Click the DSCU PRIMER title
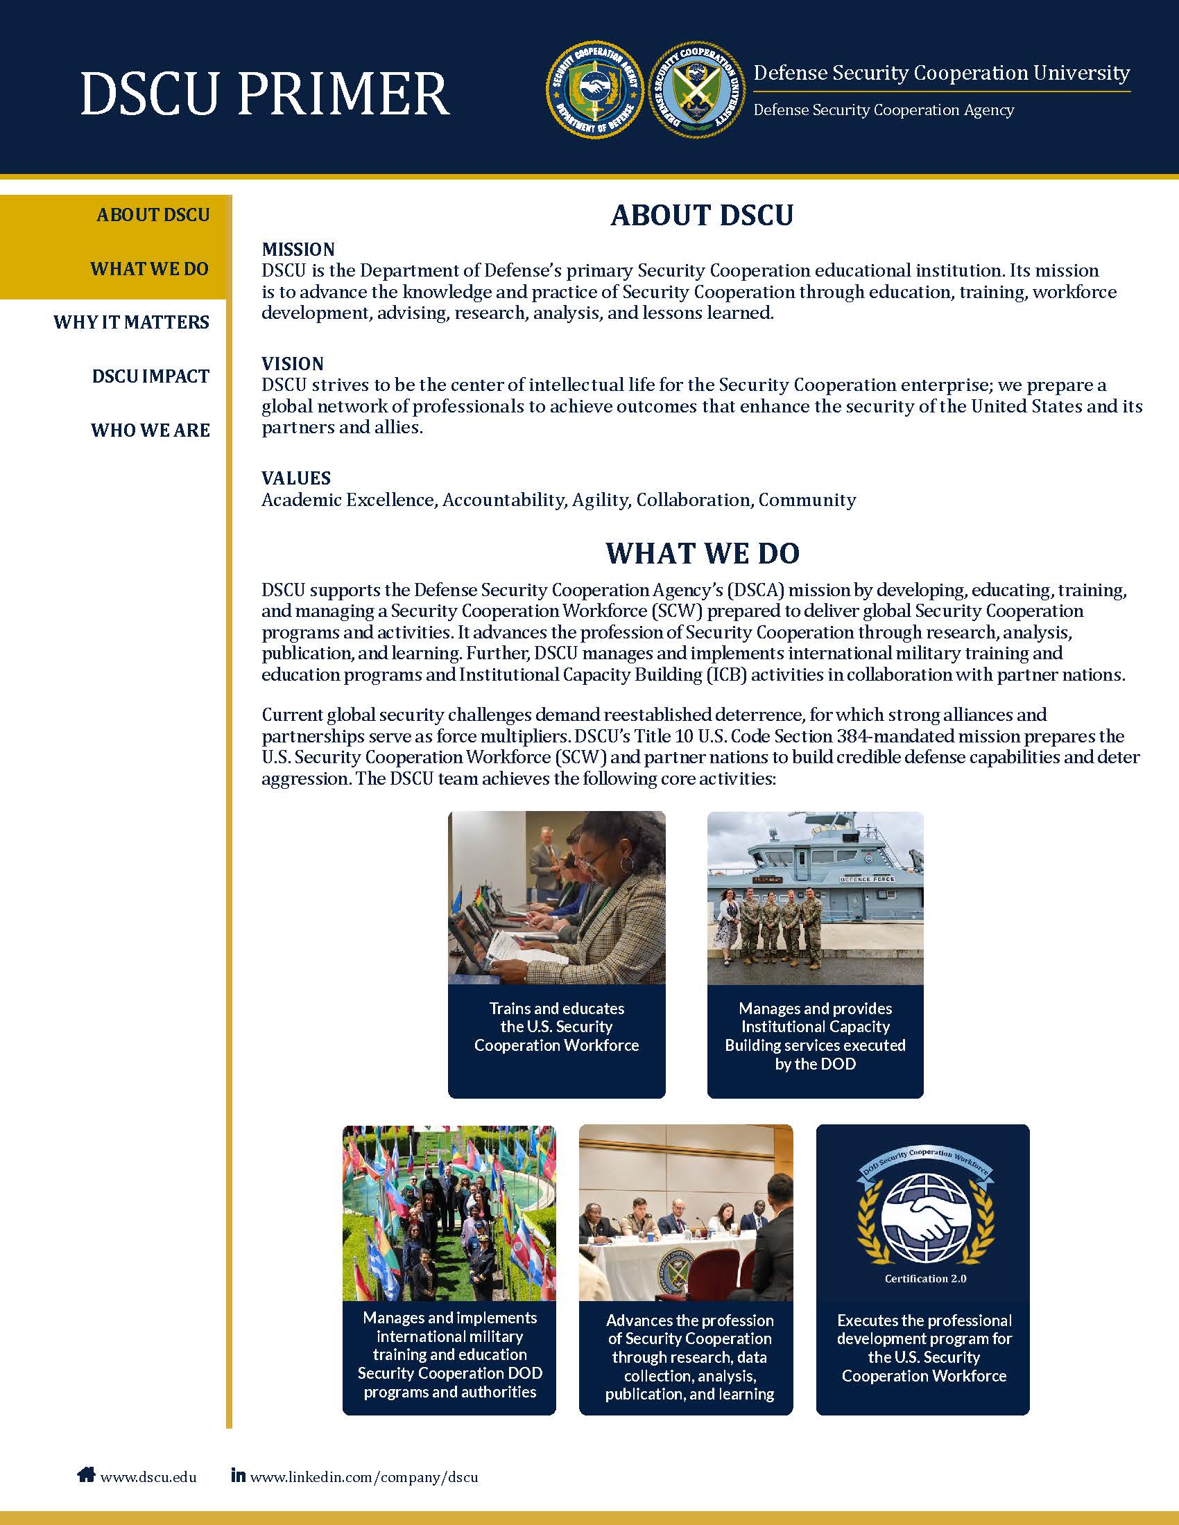click(x=265, y=94)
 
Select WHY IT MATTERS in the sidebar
click(x=131, y=322)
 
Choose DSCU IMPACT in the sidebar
click(x=150, y=376)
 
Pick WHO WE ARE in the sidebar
click(x=150, y=430)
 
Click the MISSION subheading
click(x=298, y=250)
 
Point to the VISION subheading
click(x=293, y=364)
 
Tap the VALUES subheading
click(x=296, y=478)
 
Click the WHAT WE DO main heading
click(x=702, y=553)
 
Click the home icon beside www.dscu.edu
click(x=86, y=1474)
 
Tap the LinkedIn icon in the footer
click(x=238, y=1474)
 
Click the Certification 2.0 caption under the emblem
click(x=925, y=1278)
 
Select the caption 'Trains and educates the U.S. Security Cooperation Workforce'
click(x=557, y=1027)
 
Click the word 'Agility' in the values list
click(x=599, y=500)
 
